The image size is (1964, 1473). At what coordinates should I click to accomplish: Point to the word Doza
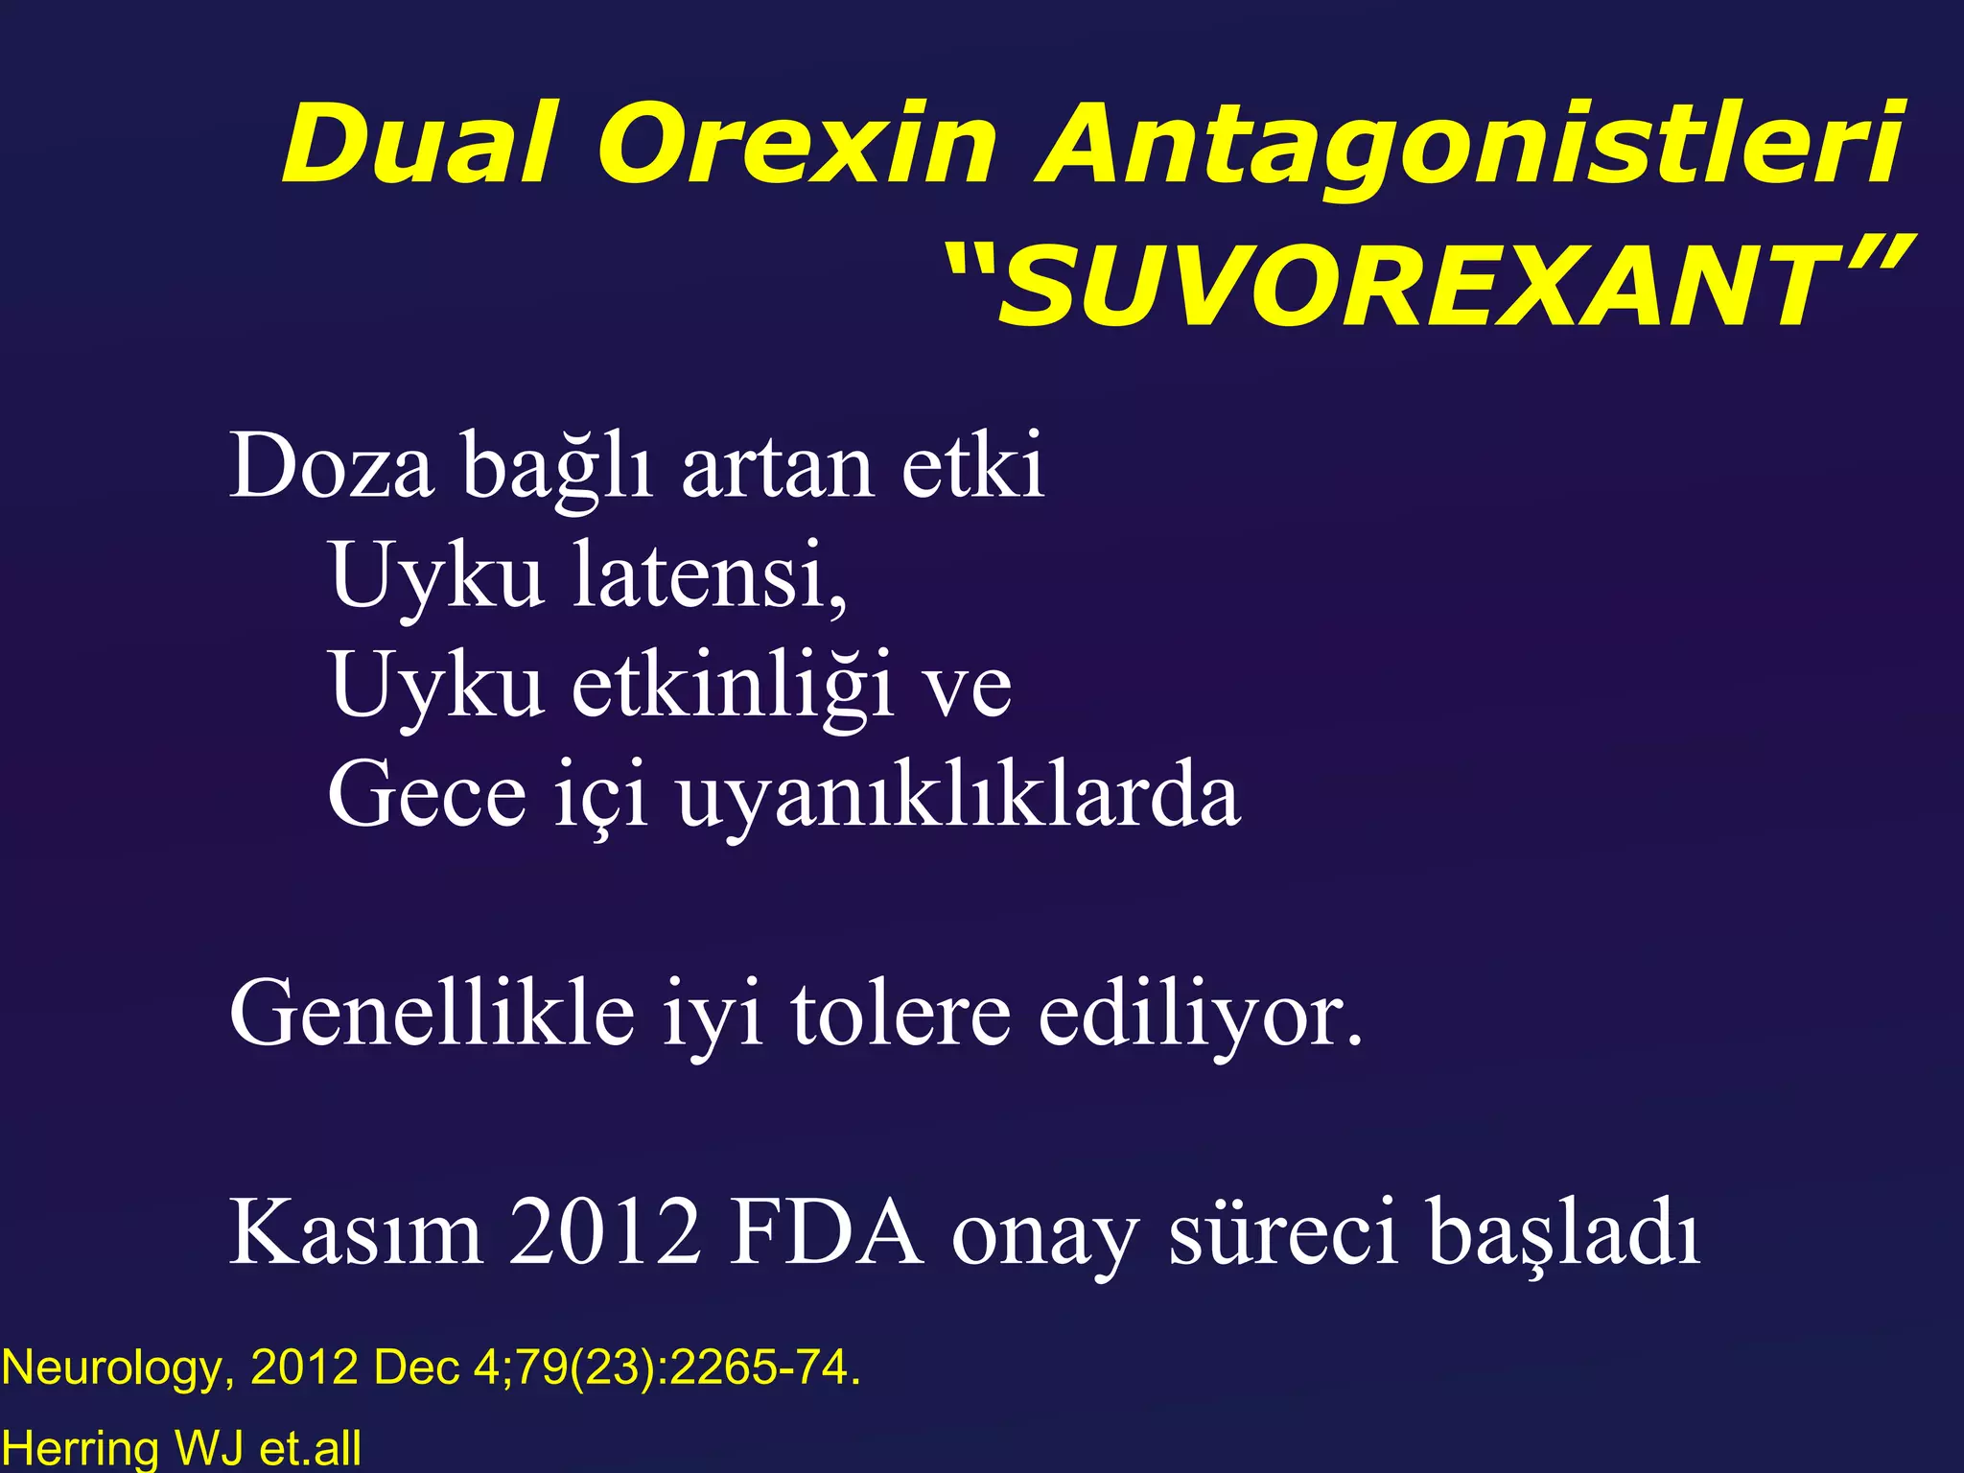pyautogui.click(x=331, y=467)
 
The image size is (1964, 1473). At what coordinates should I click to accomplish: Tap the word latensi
pyautogui.click(x=710, y=575)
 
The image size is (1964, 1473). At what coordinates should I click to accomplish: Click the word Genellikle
pyautogui.click(x=432, y=1014)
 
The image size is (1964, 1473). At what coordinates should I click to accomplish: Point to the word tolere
pyautogui.click(x=900, y=1014)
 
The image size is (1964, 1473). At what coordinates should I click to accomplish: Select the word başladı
pyautogui.click(x=1563, y=1234)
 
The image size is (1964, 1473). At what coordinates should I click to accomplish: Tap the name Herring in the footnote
pyautogui.click(x=80, y=1448)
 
